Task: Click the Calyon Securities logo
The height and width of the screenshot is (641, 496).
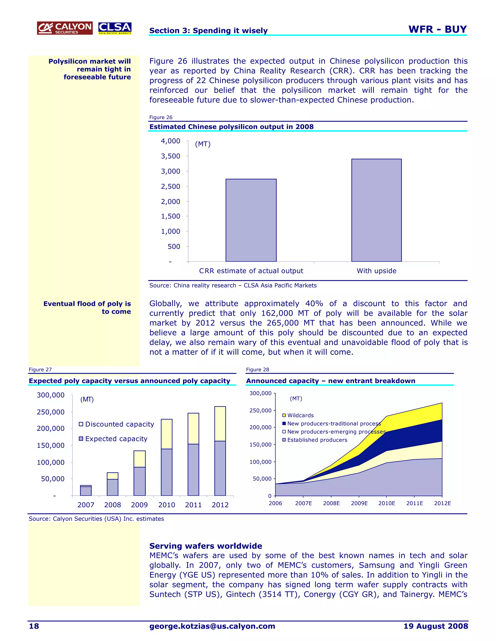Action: pyautogui.click(x=65, y=28)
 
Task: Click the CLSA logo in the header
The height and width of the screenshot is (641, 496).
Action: pyautogui.click(x=115, y=28)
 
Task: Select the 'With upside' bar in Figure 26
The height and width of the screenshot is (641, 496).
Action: pyautogui.click(x=376, y=210)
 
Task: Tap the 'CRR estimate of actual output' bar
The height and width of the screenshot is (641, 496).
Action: pyautogui.click(x=251, y=220)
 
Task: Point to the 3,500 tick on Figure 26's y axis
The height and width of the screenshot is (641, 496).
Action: pyautogui.click(x=170, y=156)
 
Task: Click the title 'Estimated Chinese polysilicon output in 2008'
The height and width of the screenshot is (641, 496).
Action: pyautogui.click(x=231, y=127)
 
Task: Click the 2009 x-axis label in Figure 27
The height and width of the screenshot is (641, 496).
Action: pyautogui.click(x=139, y=505)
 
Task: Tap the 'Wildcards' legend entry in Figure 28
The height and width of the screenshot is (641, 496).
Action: pyautogui.click(x=298, y=415)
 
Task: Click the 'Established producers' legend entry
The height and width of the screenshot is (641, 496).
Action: pyautogui.click(x=314, y=440)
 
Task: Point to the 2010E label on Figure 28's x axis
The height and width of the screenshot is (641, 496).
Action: pyautogui.click(x=387, y=503)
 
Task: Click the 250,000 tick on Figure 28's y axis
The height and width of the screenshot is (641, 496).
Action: pyautogui.click(x=260, y=410)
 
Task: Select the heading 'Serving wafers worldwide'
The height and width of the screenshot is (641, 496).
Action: pyautogui.click(x=206, y=546)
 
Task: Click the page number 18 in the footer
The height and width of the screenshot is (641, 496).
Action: pyautogui.click(x=34, y=626)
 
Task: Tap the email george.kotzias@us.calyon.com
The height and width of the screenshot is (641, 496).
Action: pyautogui.click(x=212, y=626)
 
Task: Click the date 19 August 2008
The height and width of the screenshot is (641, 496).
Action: pyautogui.click(x=435, y=626)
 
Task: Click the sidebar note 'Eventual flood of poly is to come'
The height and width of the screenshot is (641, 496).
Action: pyautogui.click(x=87, y=307)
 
